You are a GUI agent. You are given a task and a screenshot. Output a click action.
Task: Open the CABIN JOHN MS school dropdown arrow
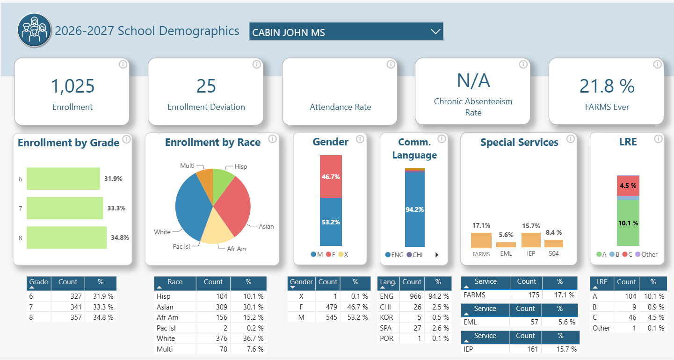435,31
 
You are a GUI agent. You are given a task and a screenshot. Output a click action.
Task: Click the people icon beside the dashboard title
34,30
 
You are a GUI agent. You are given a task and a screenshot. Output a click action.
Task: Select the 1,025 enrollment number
72,86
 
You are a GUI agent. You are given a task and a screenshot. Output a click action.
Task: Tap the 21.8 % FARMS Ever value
607,86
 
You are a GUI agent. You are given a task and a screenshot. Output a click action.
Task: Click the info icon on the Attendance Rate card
391,65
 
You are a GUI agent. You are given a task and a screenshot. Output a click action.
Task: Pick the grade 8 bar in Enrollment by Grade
66,238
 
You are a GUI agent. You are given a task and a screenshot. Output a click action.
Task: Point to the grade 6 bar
63,179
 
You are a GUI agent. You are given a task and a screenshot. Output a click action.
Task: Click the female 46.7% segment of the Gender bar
331,177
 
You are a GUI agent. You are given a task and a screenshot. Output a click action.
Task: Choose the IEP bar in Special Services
531,240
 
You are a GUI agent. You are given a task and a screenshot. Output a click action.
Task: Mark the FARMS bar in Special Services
481,240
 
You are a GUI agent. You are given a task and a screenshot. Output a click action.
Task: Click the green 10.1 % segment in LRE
628,223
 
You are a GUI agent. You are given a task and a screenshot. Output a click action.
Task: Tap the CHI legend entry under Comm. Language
414,255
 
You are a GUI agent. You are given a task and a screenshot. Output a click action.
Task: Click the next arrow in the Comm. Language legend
437,255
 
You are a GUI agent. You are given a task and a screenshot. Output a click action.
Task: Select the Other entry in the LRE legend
646,254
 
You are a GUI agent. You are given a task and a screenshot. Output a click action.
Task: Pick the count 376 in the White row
221,338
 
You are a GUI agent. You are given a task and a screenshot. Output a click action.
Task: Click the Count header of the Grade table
68,282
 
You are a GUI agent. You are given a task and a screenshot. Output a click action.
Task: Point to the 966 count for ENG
415,296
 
